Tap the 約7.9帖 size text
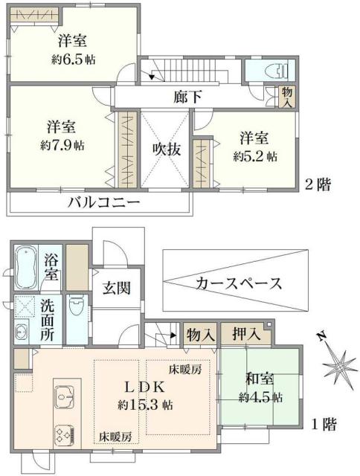point(63,144)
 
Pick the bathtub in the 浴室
point(28,269)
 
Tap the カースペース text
point(238,283)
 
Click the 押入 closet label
point(246,335)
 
